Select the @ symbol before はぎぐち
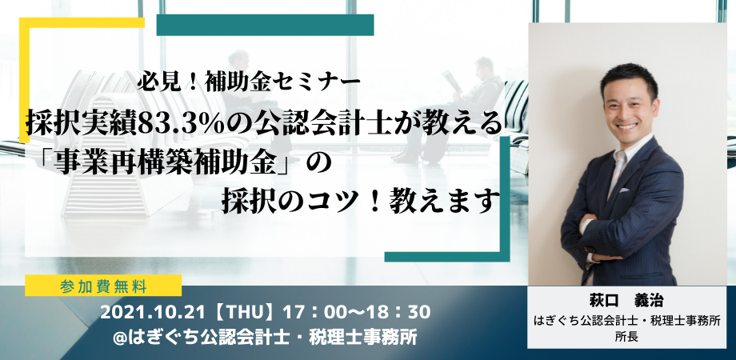tap(122, 337)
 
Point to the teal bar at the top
tap(265, 24)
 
